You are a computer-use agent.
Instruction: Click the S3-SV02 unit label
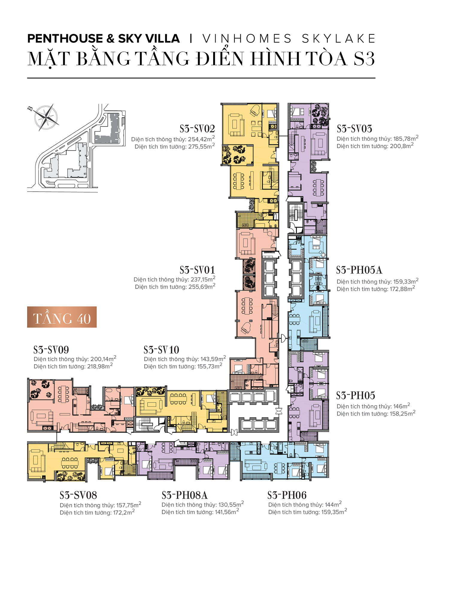tap(197, 129)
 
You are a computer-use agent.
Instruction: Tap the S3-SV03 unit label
tap(354, 129)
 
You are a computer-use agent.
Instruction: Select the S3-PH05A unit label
tap(359, 270)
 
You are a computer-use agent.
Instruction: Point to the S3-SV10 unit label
tap(161, 350)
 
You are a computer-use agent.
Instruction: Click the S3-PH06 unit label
tap(287, 495)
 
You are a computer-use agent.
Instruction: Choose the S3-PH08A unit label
tap(185, 495)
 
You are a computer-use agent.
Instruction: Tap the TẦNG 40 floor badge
tap(62, 317)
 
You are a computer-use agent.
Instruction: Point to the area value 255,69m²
tap(202, 287)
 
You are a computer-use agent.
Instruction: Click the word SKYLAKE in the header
tap(339, 39)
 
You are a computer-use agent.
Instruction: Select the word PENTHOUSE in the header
tap(65, 39)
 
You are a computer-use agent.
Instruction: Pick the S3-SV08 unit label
tap(78, 495)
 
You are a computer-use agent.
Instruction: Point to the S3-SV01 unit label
tap(197, 270)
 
